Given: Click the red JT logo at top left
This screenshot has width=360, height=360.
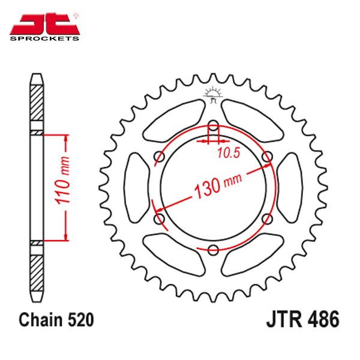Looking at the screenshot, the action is [45, 23].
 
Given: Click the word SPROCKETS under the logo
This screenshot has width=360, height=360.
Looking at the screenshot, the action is [44, 38].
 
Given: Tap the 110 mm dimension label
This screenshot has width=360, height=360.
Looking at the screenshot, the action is [62, 180].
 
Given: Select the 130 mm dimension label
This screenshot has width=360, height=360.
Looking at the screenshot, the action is [218, 186].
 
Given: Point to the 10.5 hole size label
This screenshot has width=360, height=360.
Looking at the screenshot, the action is [229, 152].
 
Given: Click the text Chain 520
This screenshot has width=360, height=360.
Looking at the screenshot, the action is [56, 320].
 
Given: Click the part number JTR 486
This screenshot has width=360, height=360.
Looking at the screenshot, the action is [302, 320].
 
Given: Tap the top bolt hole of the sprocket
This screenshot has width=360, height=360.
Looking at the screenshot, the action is [213, 125].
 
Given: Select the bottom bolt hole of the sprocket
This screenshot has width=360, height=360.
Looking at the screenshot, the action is [213, 250].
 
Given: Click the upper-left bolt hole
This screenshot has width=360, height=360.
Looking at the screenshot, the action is [159, 157].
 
